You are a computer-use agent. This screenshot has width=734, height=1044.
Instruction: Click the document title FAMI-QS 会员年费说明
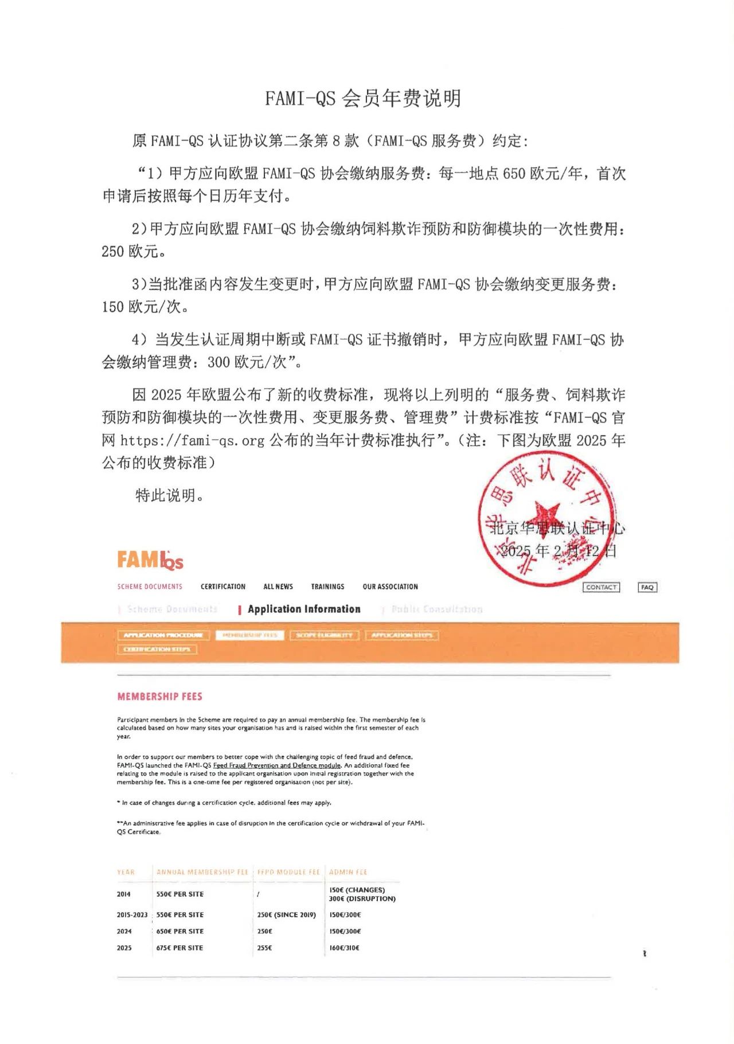[362, 99]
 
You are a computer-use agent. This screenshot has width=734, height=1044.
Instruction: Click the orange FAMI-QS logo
[150, 560]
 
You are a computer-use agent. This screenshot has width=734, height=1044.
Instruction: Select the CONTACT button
[601, 587]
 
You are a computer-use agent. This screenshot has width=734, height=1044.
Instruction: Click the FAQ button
[647, 587]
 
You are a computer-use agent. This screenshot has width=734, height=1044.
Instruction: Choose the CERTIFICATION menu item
[222, 586]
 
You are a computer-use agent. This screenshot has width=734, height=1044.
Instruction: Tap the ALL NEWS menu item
[278, 586]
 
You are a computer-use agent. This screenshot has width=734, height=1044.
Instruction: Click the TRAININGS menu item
[327, 586]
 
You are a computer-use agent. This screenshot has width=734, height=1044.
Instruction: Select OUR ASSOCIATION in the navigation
[390, 586]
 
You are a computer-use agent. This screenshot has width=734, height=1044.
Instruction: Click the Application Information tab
[304, 609]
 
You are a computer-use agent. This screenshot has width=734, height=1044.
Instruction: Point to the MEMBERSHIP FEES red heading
[159, 697]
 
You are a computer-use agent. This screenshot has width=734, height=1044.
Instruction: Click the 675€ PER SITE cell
[179, 948]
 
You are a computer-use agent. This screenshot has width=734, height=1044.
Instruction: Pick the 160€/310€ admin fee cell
[344, 948]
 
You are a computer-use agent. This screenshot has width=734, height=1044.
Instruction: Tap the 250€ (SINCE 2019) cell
[286, 914]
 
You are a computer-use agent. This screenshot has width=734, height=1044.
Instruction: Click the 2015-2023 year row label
[132, 914]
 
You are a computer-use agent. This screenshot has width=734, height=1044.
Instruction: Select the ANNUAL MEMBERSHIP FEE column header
[202, 872]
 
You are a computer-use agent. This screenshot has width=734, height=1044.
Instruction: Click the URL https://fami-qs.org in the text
[193, 440]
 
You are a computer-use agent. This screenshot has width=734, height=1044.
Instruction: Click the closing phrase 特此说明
[169, 495]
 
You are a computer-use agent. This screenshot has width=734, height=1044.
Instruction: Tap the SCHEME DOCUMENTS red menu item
[150, 586]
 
